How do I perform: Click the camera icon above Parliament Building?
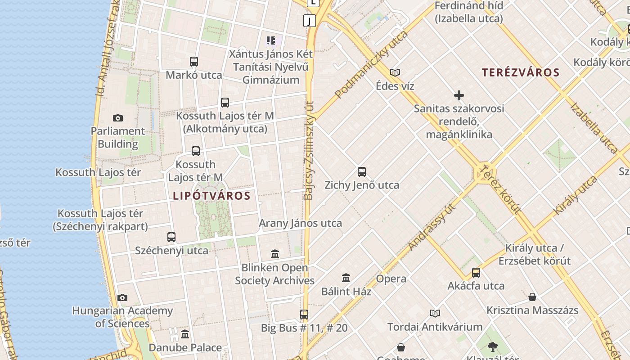coord(118,118)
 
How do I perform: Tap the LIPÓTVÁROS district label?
coord(211,196)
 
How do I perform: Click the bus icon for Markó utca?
coord(194,62)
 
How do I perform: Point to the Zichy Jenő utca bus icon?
coord(362,172)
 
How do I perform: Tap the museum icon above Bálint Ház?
coord(346,278)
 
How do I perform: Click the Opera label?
coord(391,279)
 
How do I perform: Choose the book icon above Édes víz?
coord(395,72)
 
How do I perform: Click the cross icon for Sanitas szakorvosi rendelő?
coord(459,95)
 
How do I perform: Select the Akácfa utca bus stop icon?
coord(476,273)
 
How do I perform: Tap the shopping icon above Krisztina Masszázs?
coord(532,297)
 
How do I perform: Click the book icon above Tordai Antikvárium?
coord(435,314)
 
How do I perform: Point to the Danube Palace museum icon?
coord(185,334)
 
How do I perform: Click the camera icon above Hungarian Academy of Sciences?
coord(122,297)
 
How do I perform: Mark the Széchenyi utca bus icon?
coord(171,237)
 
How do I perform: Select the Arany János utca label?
coord(300,223)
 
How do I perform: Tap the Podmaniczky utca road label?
coord(372,64)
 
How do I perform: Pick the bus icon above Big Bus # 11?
coord(304,315)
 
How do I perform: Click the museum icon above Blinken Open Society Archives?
coord(275,254)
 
